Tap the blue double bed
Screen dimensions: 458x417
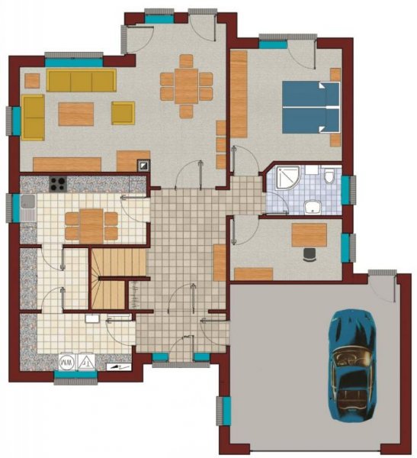(311, 107)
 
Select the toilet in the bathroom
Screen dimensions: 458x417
(329, 179)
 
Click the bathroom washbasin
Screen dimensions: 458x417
(312, 206)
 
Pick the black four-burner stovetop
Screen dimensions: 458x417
(57, 183)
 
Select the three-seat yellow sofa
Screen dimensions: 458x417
(80, 80)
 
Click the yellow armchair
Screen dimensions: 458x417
(123, 112)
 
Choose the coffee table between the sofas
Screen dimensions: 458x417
(76, 114)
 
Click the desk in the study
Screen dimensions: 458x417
(310, 234)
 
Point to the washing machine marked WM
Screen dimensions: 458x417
(67, 361)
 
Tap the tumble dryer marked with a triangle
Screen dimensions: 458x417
(87, 361)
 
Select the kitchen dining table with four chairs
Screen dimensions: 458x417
(91, 226)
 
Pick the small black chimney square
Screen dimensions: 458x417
(143, 164)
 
